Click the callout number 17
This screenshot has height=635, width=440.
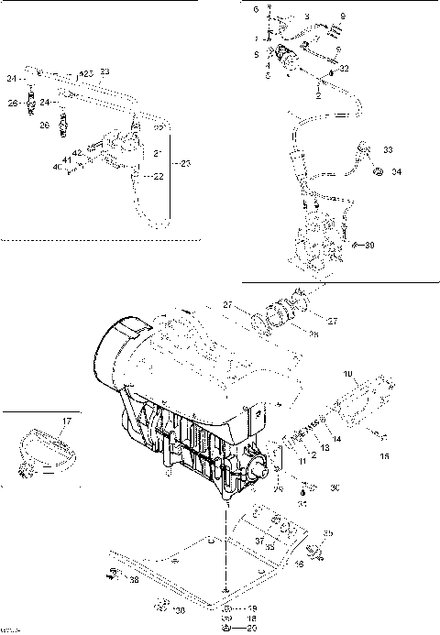click(x=65, y=422)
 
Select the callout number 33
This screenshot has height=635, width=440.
click(x=388, y=149)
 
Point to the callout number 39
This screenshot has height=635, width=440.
click(x=369, y=246)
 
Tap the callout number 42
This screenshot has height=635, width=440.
click(x=78, y=153)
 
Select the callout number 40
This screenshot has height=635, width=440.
click(x=55, y=167)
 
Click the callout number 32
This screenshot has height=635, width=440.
click(x=345, y=69)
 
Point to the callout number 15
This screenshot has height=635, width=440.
click(x=384, y=456)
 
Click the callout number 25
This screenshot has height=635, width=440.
click(x=86, y=71)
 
